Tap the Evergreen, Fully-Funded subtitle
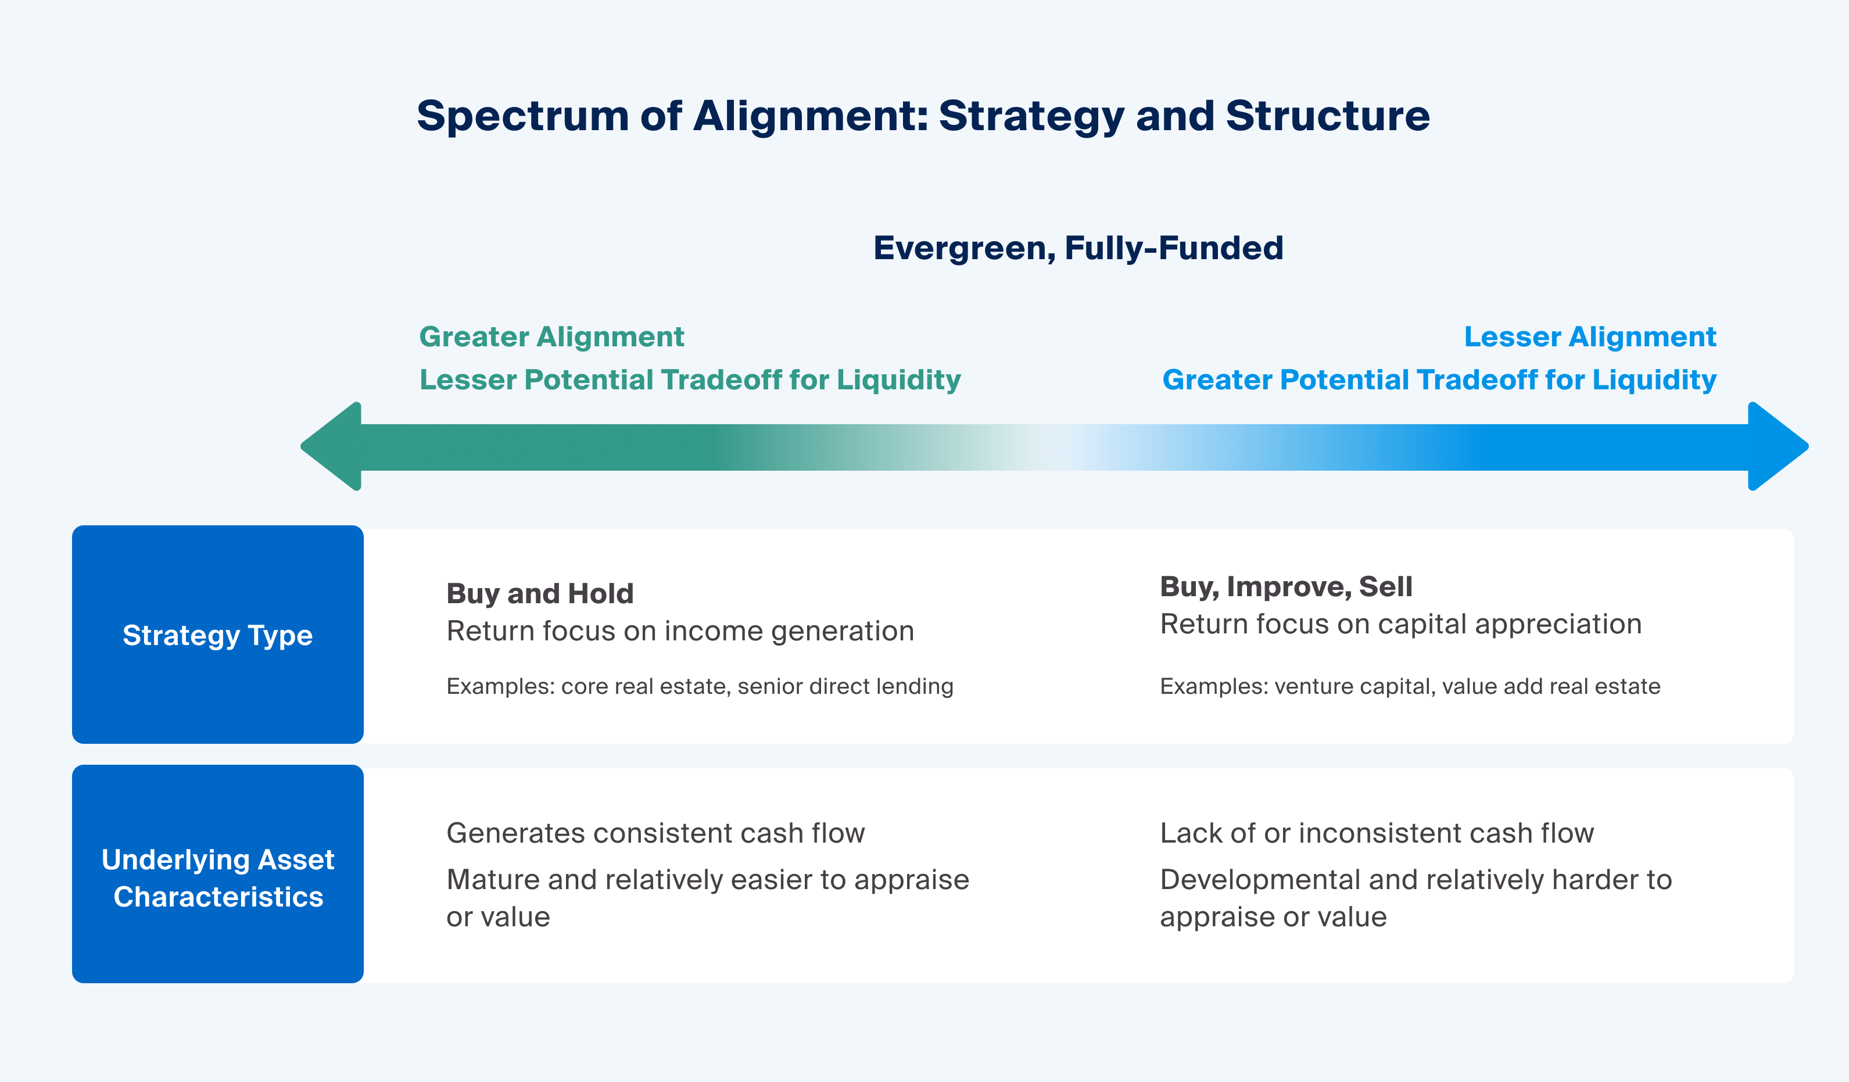point(1078,248)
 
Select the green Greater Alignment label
point(551,336)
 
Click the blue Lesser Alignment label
point(1589,336)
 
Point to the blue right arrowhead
point(1776,446)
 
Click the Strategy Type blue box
point(218,635)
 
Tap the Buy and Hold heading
point(539,593)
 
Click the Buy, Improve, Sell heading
point(1285,587)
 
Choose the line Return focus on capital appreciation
point(1400,624)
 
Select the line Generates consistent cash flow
point(655,833)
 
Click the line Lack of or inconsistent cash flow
point(1377,833)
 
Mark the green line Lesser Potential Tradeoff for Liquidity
point(690,380)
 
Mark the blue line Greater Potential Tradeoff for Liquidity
point(1439,380)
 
